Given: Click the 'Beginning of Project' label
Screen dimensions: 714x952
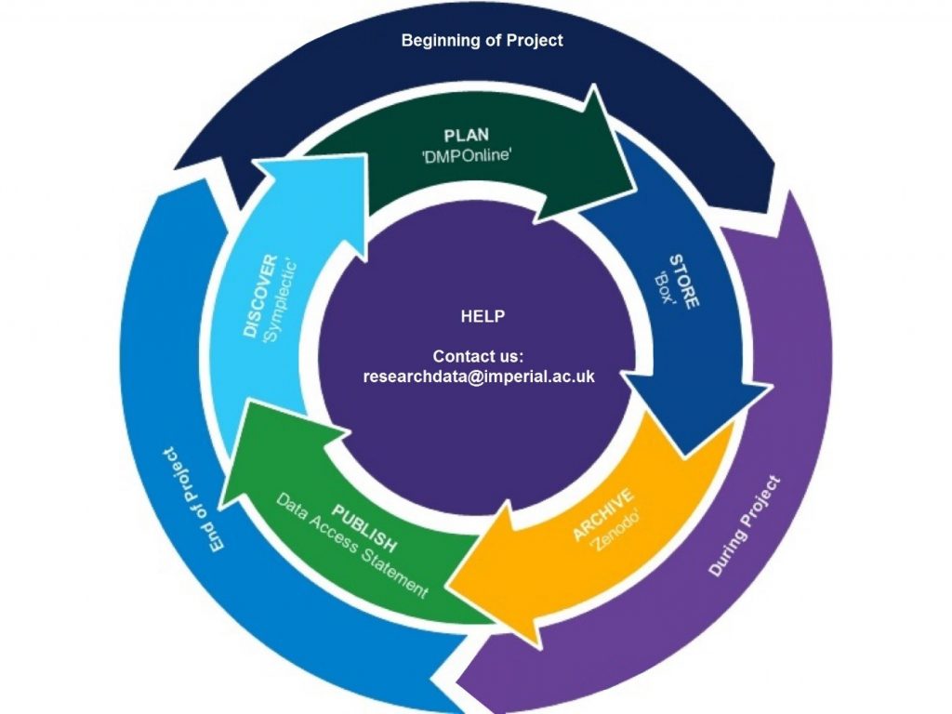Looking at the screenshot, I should (482, 41).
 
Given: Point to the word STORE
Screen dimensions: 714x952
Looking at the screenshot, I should (685, 278).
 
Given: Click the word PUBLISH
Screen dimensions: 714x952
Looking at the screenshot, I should (365, 526).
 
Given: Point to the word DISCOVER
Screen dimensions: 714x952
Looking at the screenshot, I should (261, 296).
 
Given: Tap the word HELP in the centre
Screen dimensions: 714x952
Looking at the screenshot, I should (483, 316).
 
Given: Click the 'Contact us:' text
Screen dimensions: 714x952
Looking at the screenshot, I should (479, 356).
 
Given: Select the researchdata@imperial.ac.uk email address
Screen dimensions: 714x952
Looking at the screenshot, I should (479, 377).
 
